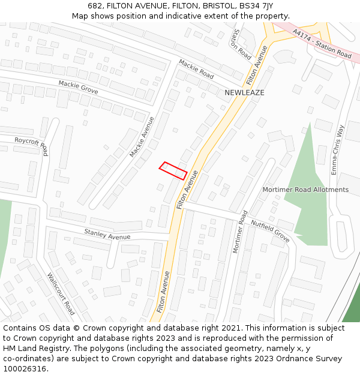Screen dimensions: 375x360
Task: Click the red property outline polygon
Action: [x=173, y=170]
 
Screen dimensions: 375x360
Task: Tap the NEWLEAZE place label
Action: [x=244, y=93]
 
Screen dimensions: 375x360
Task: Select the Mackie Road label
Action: [x=196, y=69]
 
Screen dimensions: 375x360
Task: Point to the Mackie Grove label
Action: [x=78, y=87]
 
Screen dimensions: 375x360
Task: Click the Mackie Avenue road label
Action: [x=142, y=137]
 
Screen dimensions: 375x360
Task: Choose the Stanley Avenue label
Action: [x=107, y=233]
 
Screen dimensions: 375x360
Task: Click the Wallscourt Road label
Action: [x=61, y=293]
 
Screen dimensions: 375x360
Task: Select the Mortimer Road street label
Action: [x=240, y=232]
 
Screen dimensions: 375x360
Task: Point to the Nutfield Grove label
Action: [x=270, y=231]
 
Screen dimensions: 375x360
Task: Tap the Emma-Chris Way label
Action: [x=337, y=149]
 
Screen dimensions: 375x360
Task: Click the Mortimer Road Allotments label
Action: [x=305, y=190]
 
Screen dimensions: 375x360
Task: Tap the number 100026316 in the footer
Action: [x=25, y=369]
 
